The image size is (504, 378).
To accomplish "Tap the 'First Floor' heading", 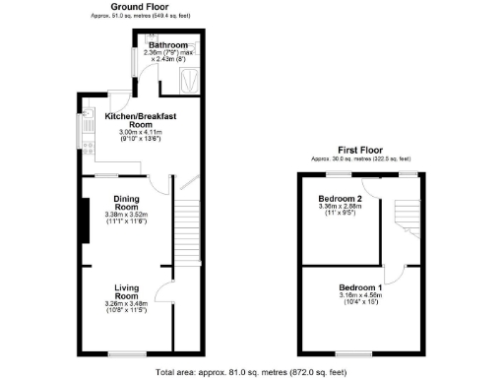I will pos(360,151).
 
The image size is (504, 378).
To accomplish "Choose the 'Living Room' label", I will pos(125,291).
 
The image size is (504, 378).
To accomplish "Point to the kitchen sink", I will pos(87,125).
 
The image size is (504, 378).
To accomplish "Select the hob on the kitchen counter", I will pos(87,149).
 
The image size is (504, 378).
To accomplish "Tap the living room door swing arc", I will pos(165,279).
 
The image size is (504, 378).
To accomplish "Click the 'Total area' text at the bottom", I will pos(252,372).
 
